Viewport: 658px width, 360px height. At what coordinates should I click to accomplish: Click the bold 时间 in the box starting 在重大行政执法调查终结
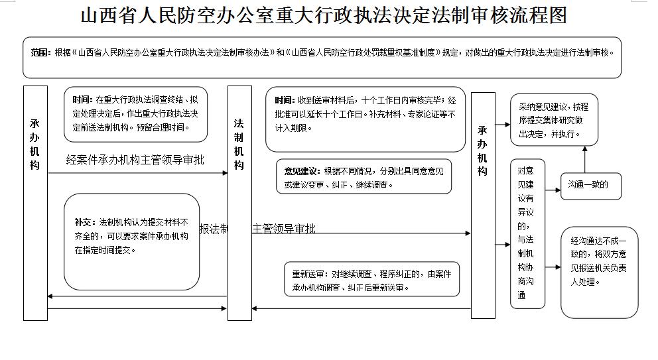(83, 99)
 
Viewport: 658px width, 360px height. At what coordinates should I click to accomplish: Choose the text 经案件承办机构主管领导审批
(135, 160)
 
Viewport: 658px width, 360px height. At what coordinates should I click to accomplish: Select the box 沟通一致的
(591, 185)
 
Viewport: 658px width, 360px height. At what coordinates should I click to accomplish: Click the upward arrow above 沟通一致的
(584, 159)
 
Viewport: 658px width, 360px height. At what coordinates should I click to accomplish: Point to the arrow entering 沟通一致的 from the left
(553, 186)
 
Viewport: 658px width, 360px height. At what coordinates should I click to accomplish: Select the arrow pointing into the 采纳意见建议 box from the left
(503, 123)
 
